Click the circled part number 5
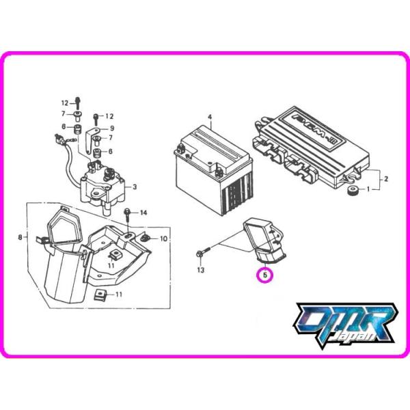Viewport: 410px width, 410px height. (264, 275)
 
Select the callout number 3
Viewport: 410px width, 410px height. (135, 187)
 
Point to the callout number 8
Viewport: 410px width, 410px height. (20, 238)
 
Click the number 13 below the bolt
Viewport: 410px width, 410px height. (200, 271)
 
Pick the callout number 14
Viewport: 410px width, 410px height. (143, 214)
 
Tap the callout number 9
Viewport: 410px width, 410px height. (112, 128)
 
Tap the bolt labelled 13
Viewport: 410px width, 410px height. (200, 254)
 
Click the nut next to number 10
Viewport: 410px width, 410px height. (146, 238)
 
